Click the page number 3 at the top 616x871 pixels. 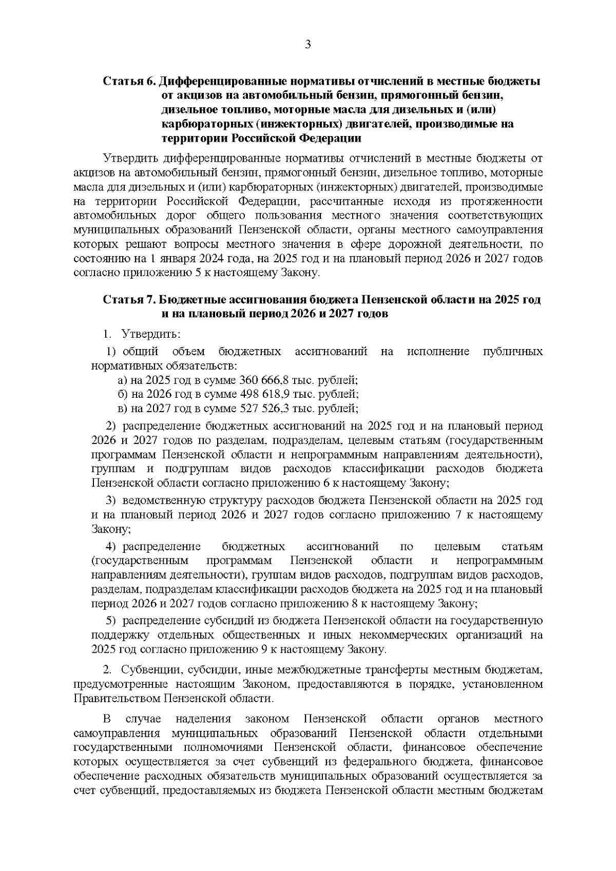tap(308, 45)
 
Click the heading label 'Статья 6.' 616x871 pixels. tap(129, 82)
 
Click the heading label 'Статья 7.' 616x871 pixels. tap(129, 300)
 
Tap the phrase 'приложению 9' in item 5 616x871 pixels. tap(228, 649)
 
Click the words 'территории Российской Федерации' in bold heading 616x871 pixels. tap(262, 139)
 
